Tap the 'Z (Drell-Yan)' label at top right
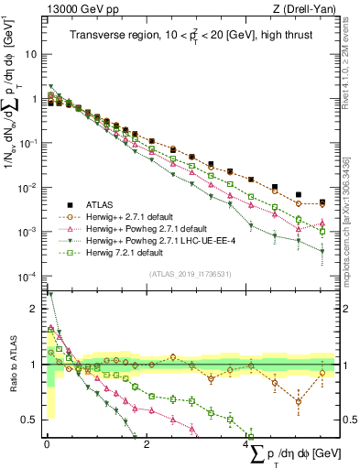(x=307, y=8)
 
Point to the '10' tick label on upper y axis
(x=29, y=54)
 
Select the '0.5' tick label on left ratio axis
(x=27, y=420)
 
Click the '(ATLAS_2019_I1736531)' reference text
(x=189, y=275)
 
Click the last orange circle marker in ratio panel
(x=322, y=373)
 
